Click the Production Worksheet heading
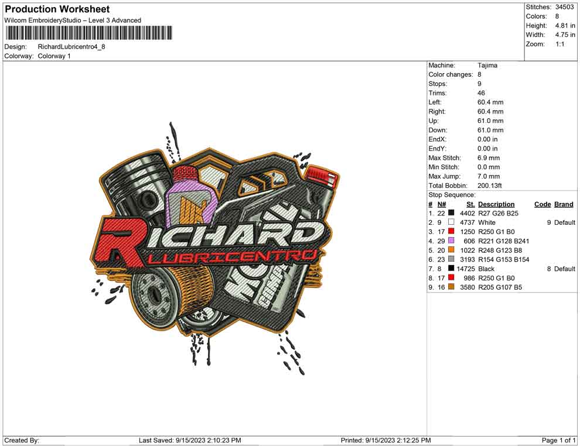point(57,9)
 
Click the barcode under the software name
point(88,33)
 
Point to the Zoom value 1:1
point(559,44)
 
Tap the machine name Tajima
point(487,66)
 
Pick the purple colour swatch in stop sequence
point(451,241)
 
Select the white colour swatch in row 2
point(451,222)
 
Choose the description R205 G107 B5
point(500,287)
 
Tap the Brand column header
point(564,204)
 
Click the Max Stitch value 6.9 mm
point(489,158)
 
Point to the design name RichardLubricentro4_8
point(71,47)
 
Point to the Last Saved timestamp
point(190,440)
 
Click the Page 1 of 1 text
point(559,440)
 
